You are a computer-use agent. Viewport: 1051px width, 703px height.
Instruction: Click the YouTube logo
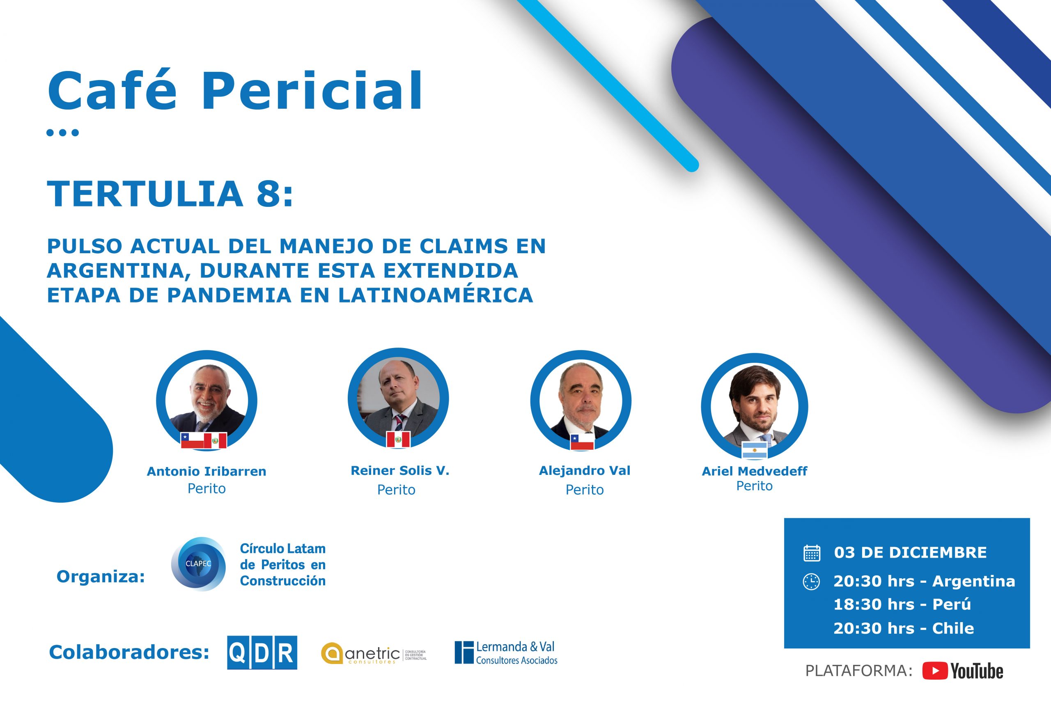click(962, 671)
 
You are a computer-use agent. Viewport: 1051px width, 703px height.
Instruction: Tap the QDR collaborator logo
click(262, 653)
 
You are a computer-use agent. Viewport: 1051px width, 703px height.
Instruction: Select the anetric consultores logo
click(374, 654)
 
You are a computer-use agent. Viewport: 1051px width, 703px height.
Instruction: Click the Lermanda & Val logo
click(506, 653)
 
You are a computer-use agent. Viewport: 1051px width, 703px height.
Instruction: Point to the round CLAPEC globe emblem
click(198, 563)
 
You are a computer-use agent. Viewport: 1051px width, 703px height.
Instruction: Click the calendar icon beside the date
click(812, 553)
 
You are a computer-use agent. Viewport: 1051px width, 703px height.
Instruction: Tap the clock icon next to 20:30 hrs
click(811, 582)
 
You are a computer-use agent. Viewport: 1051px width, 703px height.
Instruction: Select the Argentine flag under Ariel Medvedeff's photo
click(755, 450)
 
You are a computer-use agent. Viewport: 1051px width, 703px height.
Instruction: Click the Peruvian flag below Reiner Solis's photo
click(398, 440)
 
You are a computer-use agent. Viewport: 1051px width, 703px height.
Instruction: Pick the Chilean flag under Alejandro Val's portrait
click(582, 442)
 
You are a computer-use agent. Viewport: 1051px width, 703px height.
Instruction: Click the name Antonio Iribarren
click(207, 471)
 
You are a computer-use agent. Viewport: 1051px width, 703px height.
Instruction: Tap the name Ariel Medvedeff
click(755, 471)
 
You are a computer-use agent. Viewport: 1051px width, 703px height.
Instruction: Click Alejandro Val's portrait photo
click(581, 401)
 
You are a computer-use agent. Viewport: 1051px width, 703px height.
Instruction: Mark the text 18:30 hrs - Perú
click(902, 605)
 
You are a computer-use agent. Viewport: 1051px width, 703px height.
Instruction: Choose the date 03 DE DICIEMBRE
click(910, 552)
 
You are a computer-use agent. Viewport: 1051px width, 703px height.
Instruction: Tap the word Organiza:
click(101, 577)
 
